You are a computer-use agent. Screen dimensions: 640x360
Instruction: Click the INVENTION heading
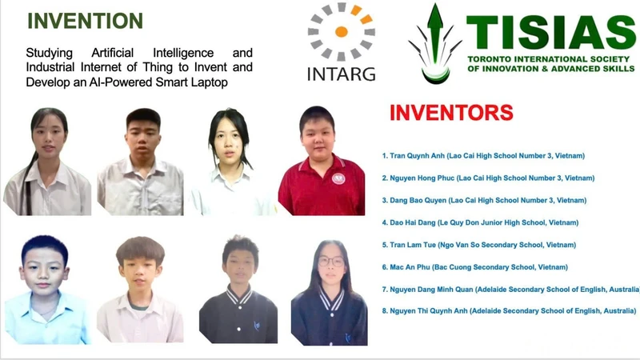click(85, 21)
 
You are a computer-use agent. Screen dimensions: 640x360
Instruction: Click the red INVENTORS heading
click(451, 113)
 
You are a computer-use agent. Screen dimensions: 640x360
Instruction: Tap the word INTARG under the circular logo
click(342, 74)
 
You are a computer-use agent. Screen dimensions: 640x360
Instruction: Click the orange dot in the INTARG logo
click(342, 31)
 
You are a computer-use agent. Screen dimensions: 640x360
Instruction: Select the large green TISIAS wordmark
click(551, 32)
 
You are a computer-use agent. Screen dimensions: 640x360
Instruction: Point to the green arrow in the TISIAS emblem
click(435, 33)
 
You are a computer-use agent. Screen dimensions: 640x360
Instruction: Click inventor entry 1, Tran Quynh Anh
click(483, 155)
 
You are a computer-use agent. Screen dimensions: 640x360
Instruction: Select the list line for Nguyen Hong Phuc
click(488, 178)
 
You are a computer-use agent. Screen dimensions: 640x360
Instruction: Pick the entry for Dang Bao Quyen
click(484, 200)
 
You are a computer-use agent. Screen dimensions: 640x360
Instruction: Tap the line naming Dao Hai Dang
click(480, 222)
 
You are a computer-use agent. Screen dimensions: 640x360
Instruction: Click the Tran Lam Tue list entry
click(478, 245)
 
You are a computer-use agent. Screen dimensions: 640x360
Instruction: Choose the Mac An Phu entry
click(474, 267)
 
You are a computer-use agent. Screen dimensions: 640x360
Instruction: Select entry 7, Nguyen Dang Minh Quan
click(510, 290)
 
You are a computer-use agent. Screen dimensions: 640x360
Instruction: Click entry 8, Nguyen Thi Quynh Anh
click(509, 311)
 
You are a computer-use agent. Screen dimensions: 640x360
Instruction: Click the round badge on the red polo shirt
click(338, 178)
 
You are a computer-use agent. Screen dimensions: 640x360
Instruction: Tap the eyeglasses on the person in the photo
click(331, 261)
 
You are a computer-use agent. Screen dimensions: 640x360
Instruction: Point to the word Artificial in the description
click(112, 53)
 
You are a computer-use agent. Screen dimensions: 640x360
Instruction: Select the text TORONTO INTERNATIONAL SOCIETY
click(549, 59)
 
